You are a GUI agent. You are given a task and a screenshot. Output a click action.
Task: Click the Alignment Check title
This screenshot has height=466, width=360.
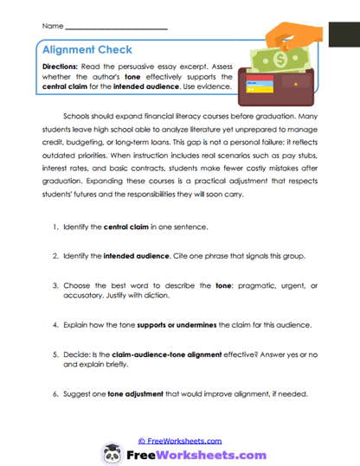(83, 50)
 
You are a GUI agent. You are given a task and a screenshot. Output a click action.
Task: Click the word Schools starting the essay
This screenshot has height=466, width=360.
(80, 114)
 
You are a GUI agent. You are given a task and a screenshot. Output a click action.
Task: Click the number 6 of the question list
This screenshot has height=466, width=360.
(55, 394)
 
